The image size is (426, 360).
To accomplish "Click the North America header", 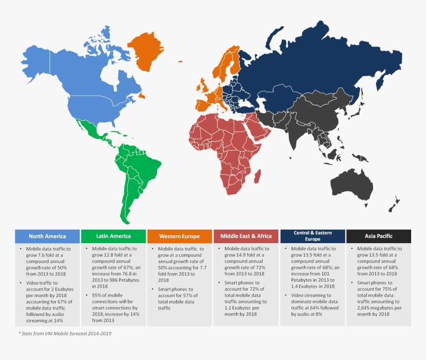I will tap(48, 236).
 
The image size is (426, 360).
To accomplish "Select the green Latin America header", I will tap(113, 236).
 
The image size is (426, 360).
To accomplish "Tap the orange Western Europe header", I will tap(180, 236).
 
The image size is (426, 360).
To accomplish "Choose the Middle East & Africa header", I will tap(246, 236).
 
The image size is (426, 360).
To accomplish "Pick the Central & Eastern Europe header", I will tap(312, 236).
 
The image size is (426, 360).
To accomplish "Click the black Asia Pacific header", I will tap(378, 236).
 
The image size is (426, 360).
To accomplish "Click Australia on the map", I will tap(352, 185).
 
